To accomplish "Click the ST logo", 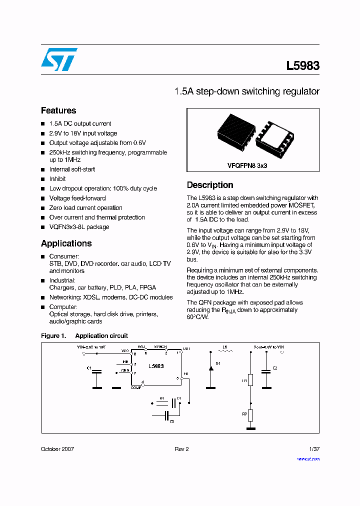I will click(x=58, y=59).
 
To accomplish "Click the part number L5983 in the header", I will click(x=302, y=66).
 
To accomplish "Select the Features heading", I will click(x=58, y=110).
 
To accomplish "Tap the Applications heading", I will click(x=66, y=243).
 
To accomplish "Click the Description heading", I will click(x=210, y=185).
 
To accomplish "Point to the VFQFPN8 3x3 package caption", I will click(x=247, y=165).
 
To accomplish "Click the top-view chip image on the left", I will click(x=235, y=133).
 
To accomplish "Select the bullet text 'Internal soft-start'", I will click(x=72, y=169).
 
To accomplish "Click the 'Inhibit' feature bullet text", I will click(x=57, y=179).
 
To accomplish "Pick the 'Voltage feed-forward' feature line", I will click(x=77, y=198).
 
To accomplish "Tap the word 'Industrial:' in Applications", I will click(x=62, y=280).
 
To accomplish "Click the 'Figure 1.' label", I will click(x=53, y=336).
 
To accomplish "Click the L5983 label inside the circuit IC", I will click(x=156, y=366).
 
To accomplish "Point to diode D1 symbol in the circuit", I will click(x=211, y=368).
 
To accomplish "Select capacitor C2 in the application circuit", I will click(x=266, y=370).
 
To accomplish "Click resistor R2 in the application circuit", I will click(x=250, y=415).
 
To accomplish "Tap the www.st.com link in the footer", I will click(x=308, y=458).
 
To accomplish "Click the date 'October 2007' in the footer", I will click(x=57, y=449).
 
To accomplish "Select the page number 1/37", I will click(x=313, y=449).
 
